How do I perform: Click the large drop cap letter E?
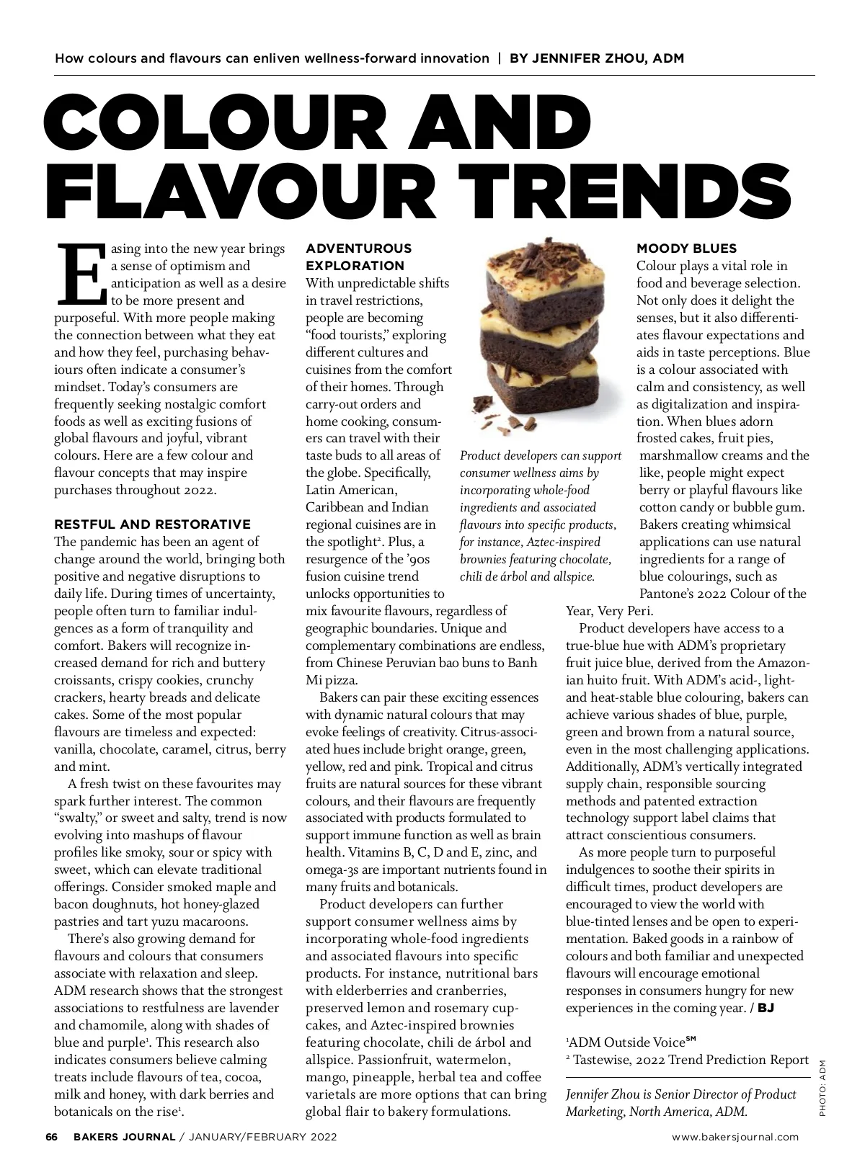(81, 274)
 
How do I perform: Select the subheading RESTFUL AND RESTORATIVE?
(153, 524)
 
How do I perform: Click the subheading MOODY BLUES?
(686, 249)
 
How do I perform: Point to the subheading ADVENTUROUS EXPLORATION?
(358, 256)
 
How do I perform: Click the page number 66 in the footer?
(51, 1137)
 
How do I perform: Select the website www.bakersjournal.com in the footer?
(735, 1137)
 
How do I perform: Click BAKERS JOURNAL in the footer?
(123, 1137)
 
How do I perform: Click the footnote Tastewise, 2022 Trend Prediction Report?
(691, 1059)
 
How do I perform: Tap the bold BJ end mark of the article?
(765, 1008)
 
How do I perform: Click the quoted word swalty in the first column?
(79, 818)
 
